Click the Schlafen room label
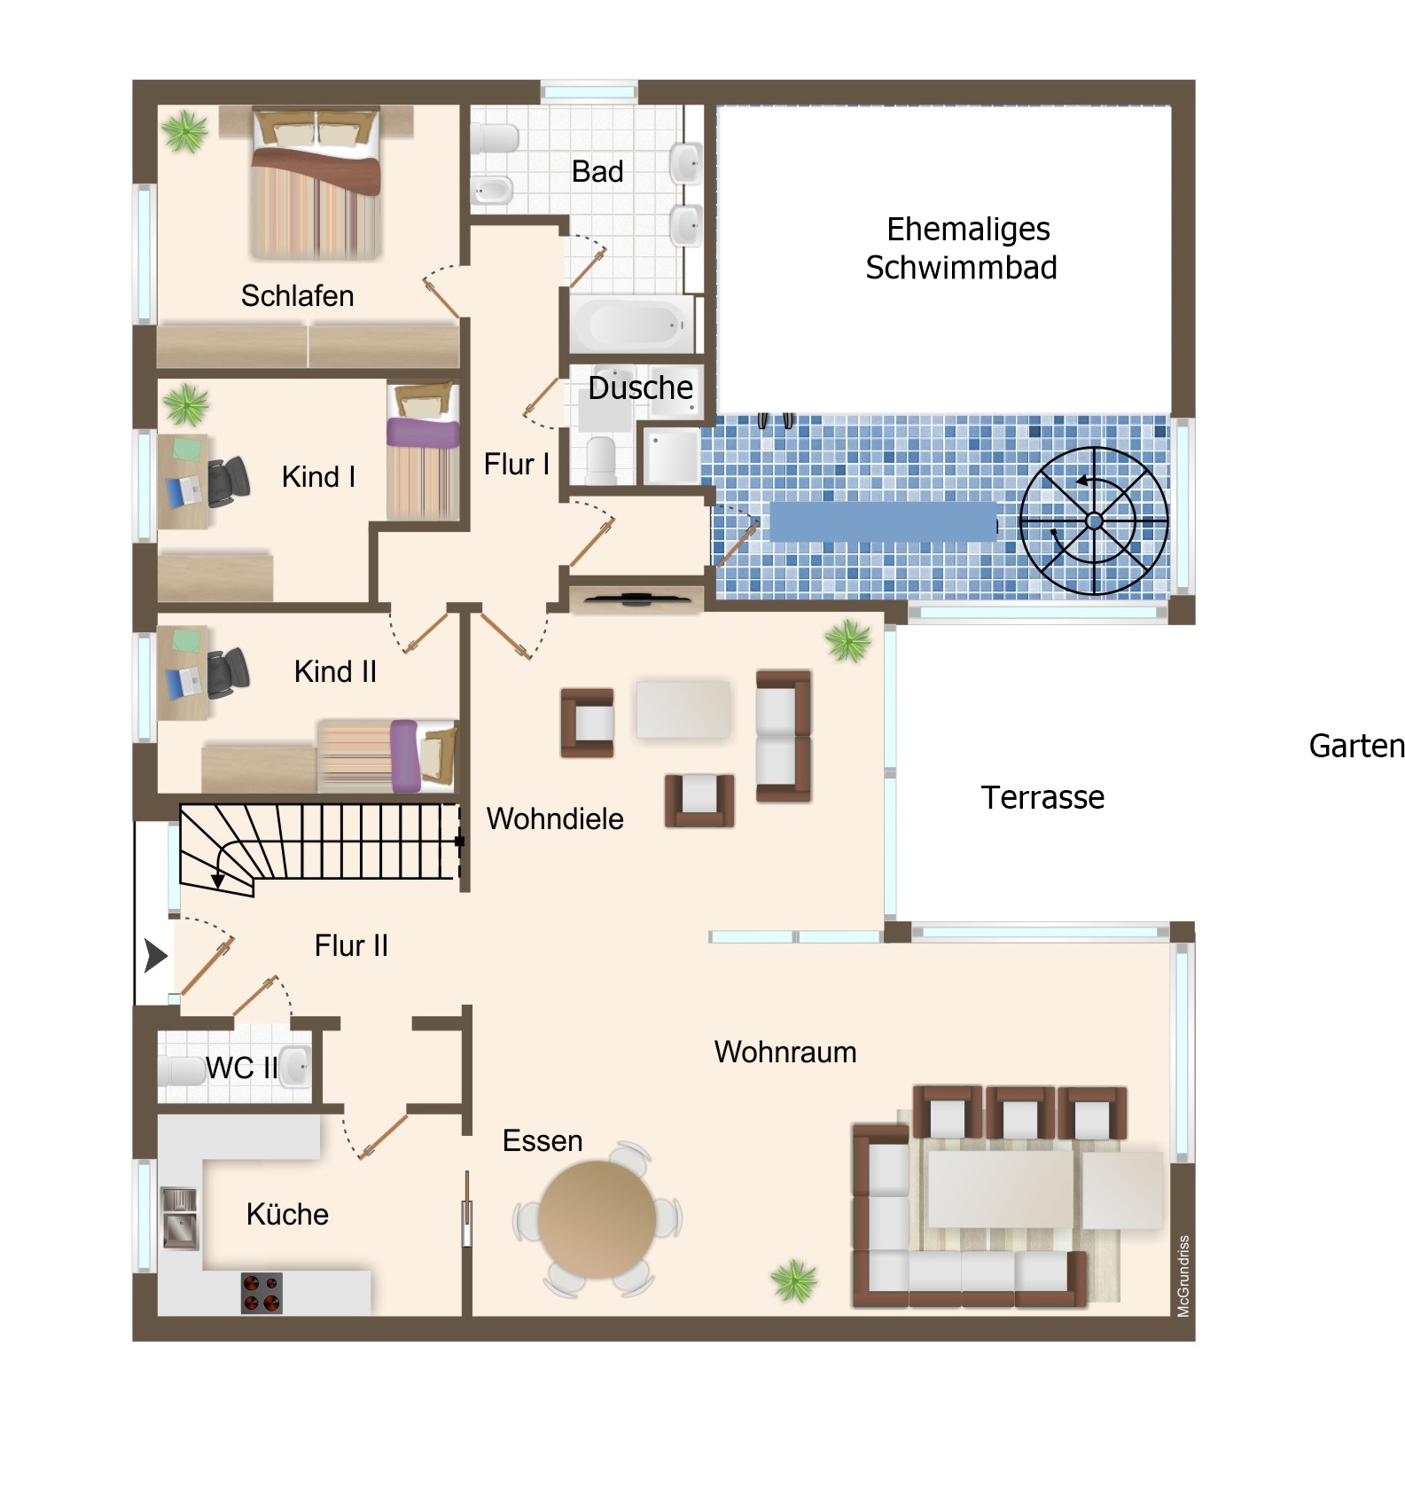coord(297,295)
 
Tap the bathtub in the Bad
coord(632,325)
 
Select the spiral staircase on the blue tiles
coord(1094,521)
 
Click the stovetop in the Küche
coord(261,1292)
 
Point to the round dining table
coord(597,1220)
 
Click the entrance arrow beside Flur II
coord(156,956)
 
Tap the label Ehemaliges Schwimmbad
coord(963,248)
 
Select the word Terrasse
coord(1042,797)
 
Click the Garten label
coord(1357,746)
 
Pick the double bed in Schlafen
coord(316,183)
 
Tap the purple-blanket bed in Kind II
coord(388,755)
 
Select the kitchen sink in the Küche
coord(179,1218)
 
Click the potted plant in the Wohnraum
coord(793,1280)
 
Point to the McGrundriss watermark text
coord(1183,1276)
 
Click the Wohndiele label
coord(555,818)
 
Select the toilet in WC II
coord(181,1069)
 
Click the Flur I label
coord(517,464)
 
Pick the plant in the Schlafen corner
coord(185,131)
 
